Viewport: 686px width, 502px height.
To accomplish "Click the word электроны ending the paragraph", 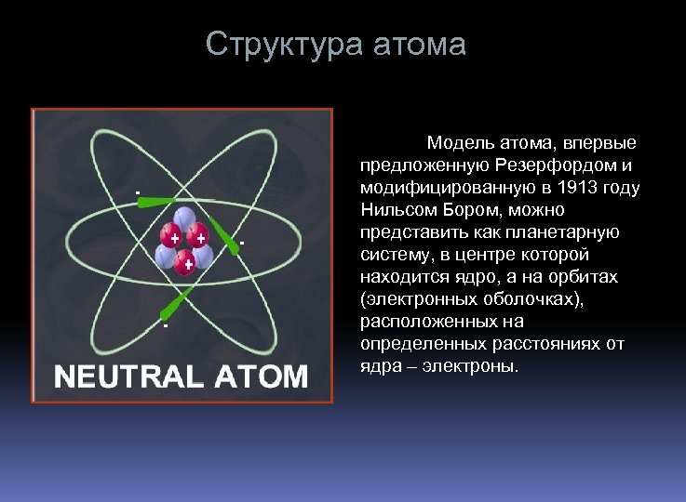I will coord(471,366).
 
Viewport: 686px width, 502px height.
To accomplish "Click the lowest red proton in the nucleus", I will coord(187,264).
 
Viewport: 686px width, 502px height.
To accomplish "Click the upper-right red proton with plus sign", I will coord(198,238).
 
